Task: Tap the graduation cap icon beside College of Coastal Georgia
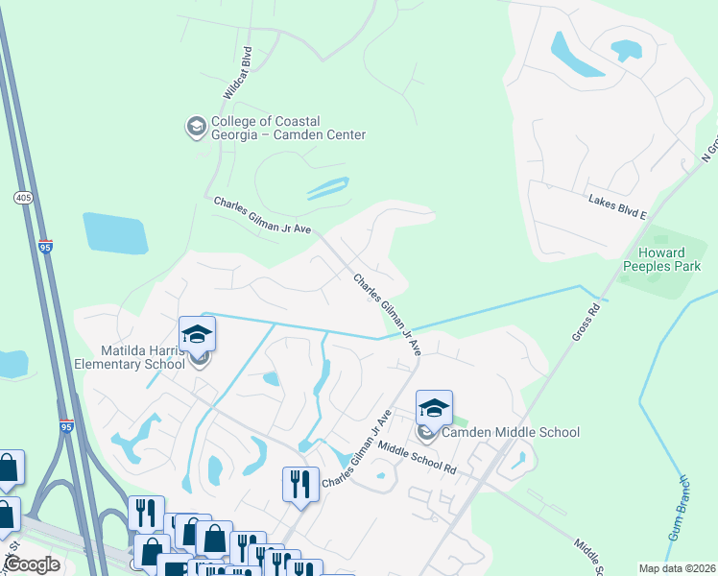196,127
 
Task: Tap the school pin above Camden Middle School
434,408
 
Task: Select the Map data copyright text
676,568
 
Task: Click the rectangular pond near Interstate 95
115,233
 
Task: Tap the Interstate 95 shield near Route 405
45,247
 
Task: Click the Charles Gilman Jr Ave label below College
262,215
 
